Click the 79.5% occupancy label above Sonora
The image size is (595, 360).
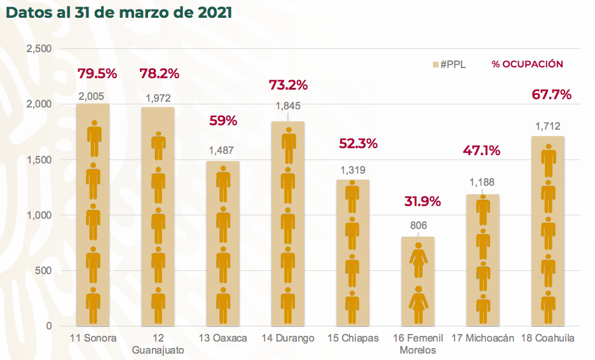[x=97, y=73]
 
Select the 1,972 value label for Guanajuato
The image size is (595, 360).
[x=159, y=99]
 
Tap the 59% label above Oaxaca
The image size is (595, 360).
[x=223, y=120]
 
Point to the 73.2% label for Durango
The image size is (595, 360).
[x=288, y=85]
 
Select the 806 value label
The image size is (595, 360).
[x=418, y=225]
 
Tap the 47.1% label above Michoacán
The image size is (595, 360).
[x=481, y=151]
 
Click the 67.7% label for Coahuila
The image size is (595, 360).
[x=551, y=95]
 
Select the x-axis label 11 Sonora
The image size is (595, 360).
[x=93, y=338]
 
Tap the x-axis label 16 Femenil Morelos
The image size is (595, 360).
[x=418, y=343]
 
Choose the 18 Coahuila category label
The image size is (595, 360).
[x=547, y=338]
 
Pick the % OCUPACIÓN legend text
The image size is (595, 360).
[x=527, y=64]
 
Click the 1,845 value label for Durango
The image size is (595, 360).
[x=288, y=106]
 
